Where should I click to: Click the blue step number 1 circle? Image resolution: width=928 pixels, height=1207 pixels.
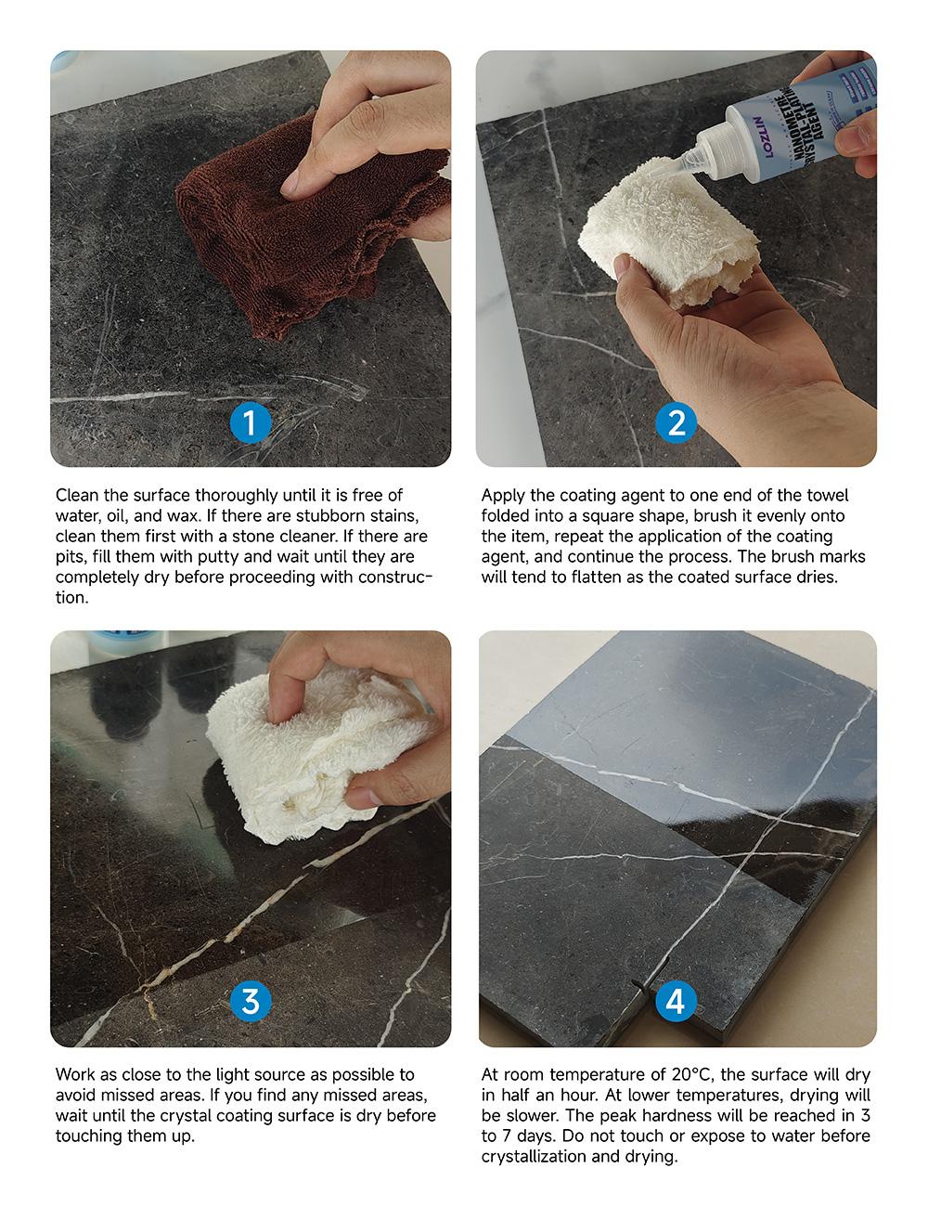click(x=250, y=423)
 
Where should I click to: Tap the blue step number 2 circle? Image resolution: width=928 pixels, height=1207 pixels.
click(x=676, y=423)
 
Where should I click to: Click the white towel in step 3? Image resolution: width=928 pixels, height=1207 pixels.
click(x=306, y=752)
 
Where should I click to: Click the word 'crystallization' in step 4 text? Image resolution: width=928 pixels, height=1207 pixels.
click(x=530, y=1157)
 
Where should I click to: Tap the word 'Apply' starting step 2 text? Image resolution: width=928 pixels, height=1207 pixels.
click(x=503, y=496)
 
